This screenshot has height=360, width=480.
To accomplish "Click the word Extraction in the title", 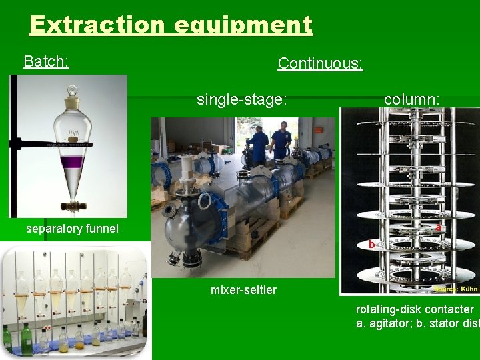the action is pos(97,25).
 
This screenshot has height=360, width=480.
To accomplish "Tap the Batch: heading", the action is pos(46,62).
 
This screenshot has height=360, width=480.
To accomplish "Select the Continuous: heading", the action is pos(320,63).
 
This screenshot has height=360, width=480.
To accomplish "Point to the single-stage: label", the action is pos(241,100).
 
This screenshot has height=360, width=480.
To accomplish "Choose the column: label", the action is pos(411,99).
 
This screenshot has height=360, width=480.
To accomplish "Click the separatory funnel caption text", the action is pos(72,229).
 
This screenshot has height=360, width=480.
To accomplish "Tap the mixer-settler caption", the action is pos(243,289).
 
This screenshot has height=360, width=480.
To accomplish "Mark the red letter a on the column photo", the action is pos(438,227).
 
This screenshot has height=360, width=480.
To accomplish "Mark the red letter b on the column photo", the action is pos(371,245).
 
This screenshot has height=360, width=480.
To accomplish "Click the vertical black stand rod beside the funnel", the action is pos(13,147).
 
